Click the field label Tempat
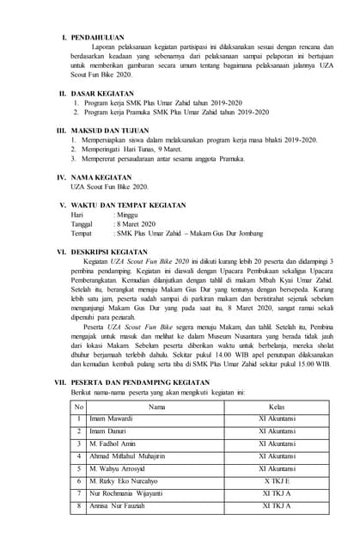pos(82,233)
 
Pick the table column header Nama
pos(157,406)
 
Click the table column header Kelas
pos(277,406)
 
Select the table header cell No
pos(79,406)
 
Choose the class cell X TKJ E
pos(277,482)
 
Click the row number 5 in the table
pos(79,469)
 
